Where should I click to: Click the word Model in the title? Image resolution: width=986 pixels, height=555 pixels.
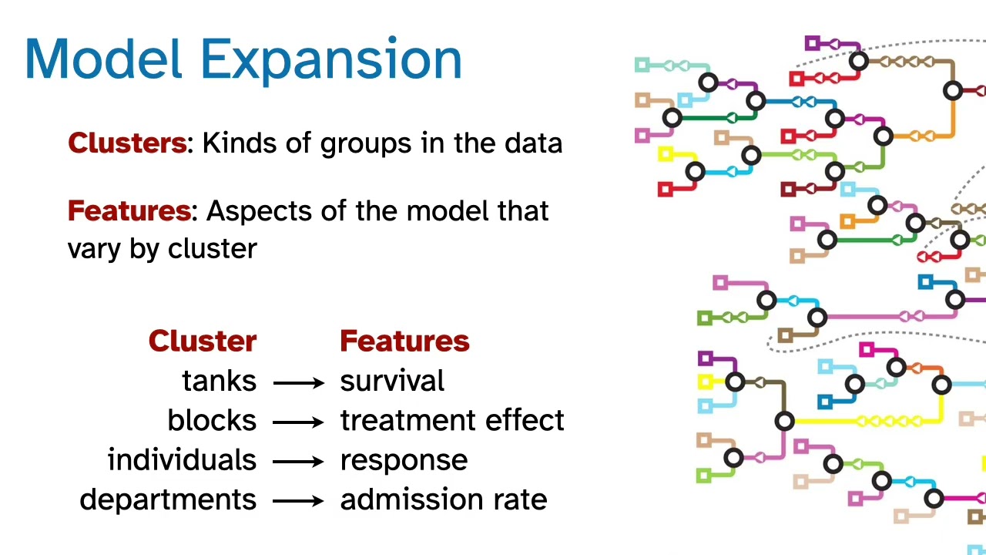[x=103, y=59]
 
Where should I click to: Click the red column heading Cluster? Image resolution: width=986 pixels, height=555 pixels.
[x=202, y=341]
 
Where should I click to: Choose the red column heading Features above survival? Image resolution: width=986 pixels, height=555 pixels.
[x=404, y=341]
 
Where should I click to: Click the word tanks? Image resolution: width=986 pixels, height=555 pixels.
[x=219, y=382]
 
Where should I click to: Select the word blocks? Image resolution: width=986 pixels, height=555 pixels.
[x=212, y=421]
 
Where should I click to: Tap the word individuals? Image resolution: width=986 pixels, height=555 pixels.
[x=182, y=460]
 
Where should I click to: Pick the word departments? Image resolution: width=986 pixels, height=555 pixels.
[x=168, y=499]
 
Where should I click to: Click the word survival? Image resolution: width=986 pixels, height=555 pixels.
[x=392, y=382]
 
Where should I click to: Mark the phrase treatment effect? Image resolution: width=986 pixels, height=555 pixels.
[x=452, y=421]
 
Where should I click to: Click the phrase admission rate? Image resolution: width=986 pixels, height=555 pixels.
[x=444, y=499]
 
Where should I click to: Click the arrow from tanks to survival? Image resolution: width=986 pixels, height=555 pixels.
[x=299, y=382]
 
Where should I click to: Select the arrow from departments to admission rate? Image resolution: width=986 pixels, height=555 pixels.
[x=299, y=501]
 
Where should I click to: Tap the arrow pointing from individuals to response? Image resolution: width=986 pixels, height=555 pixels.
[x=299, y=462]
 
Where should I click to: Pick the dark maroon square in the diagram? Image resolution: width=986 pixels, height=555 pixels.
[x=787, y=189]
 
